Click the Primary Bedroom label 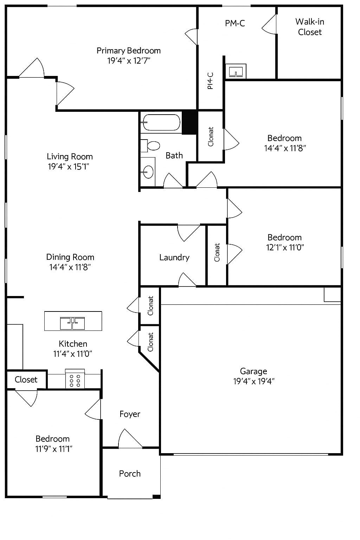click(129, 51)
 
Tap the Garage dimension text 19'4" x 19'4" click(253, 381)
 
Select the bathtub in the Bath click(161, 123)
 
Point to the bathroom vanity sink click(148, 172)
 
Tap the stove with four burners click(75, 380)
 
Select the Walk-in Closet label click(310, 27)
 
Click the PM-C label click(235, 24)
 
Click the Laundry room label click(174, 257)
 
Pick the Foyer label click(130, 414)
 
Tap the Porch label click(130, 474)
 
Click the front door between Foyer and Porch click(130, 447)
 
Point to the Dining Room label click(70, 257)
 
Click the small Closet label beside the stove click(26, 380)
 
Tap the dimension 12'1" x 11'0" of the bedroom click(285, 247)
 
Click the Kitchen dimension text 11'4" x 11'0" click(73, 354)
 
